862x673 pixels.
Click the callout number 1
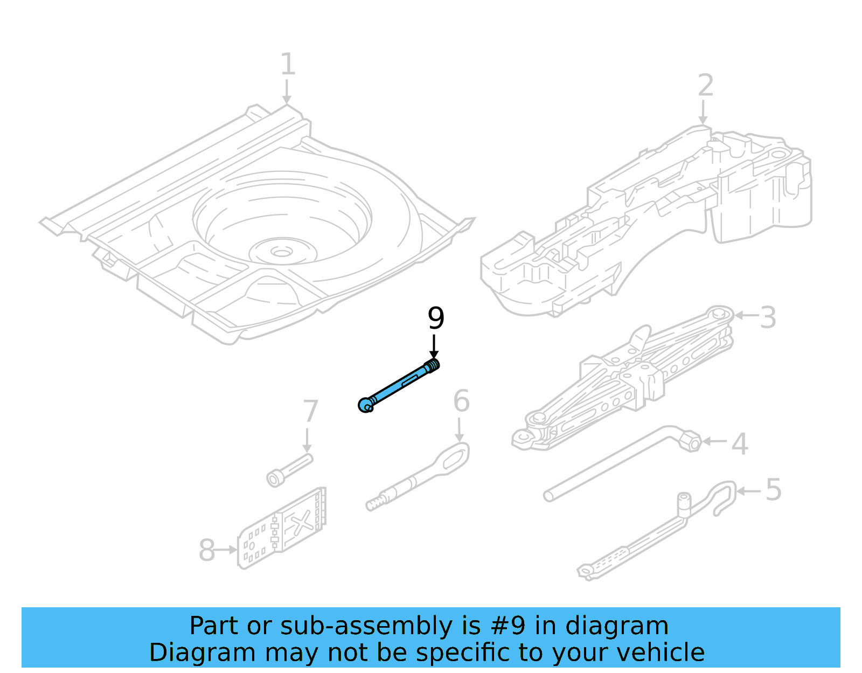coord(288,65)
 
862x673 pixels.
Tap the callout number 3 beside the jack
coord(768,317)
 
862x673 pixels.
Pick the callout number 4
coord(740,445)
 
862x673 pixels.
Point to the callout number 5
coord(773,490)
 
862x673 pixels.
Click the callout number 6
coord(461,401)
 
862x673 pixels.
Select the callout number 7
coord(310,412)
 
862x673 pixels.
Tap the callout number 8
coord(206,551)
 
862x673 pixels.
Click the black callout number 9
coord(436,318)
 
